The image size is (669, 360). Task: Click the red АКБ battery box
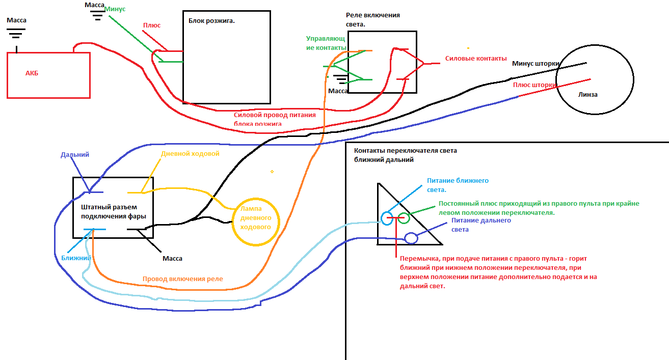point(48,75)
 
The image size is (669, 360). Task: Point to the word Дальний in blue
point(75,154)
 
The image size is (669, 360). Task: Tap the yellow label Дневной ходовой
point(190,153)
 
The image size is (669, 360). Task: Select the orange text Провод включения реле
point(182,279)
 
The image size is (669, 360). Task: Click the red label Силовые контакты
point(476,58)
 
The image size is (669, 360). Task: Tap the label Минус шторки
point(536,64)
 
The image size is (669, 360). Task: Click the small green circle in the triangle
point(404,218)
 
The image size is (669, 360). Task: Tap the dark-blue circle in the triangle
point(411,238)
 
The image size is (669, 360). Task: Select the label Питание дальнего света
point(481,225)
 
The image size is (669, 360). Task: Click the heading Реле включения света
point(372,19)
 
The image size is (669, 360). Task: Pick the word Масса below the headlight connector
point(172,258)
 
